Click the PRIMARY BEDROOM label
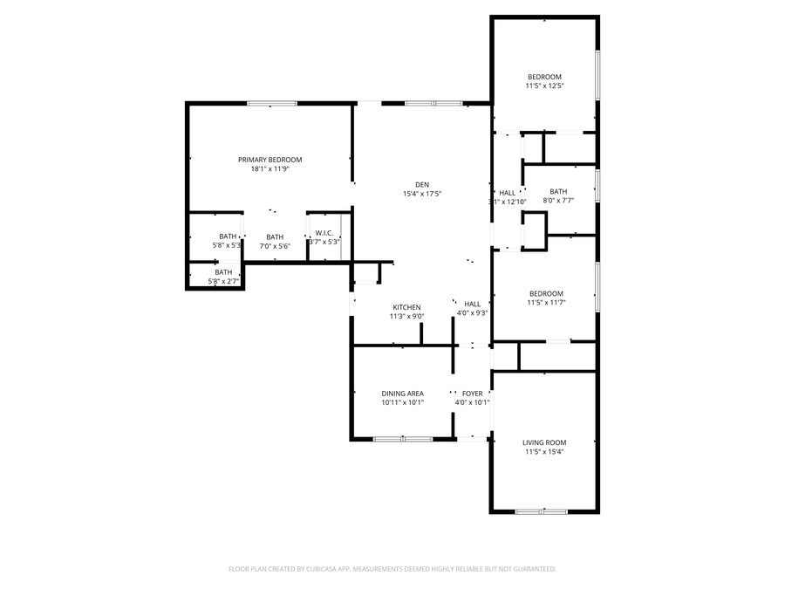click(x=270, y=160)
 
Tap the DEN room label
click(x=421, y=184)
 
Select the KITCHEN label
click(x=406, y=307)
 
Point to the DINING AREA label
click(x=402, y=394)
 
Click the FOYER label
click(x=472, y=394)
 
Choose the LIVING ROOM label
click(x=544, y=442)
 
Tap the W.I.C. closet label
click(x=324, y=233)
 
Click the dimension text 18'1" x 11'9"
click(x=270, y=169)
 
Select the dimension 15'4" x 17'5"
click(x=421, y=194)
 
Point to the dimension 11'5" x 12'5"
click(x=544, y=86)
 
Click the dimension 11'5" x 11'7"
click(x=544, y=303)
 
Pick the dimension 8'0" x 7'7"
click(x=558, y=201)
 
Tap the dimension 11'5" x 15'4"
click(x=544, y=452)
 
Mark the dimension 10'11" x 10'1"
click(x=402, y=403)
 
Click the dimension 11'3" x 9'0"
click(x=406, y=317)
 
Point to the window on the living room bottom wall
click(x=541, y=510)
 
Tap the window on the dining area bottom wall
click(x=402, y=439)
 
